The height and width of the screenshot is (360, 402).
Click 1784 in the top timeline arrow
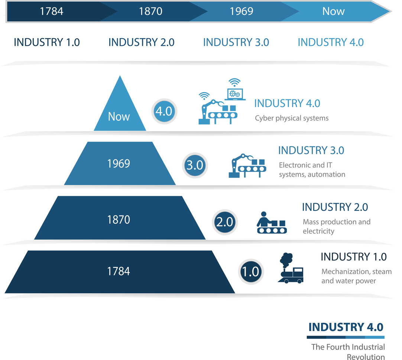coord(52,11)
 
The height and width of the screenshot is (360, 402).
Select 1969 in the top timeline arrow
coord(241,11)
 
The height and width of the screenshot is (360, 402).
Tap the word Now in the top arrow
coord(333,11)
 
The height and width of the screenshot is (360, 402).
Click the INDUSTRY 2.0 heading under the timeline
coord(141,42)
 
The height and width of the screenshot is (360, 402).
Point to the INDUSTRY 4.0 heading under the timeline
coord(331,42)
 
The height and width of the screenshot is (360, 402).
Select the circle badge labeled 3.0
coord(195,165)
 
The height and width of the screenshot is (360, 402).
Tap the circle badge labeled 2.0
coord(225,222)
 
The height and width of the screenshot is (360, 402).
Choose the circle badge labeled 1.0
coord(251,272)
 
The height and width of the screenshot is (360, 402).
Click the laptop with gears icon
coord(235,90)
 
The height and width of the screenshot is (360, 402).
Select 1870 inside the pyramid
coord(119,220)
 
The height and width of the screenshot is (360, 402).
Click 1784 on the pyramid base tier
coord(119,271)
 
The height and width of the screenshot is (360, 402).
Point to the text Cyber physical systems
coord(292,119)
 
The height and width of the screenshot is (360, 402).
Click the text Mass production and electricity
coord(336,226)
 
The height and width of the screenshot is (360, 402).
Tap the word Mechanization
coord(345,272)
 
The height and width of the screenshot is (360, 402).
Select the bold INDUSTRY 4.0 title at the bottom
coord(346,327)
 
